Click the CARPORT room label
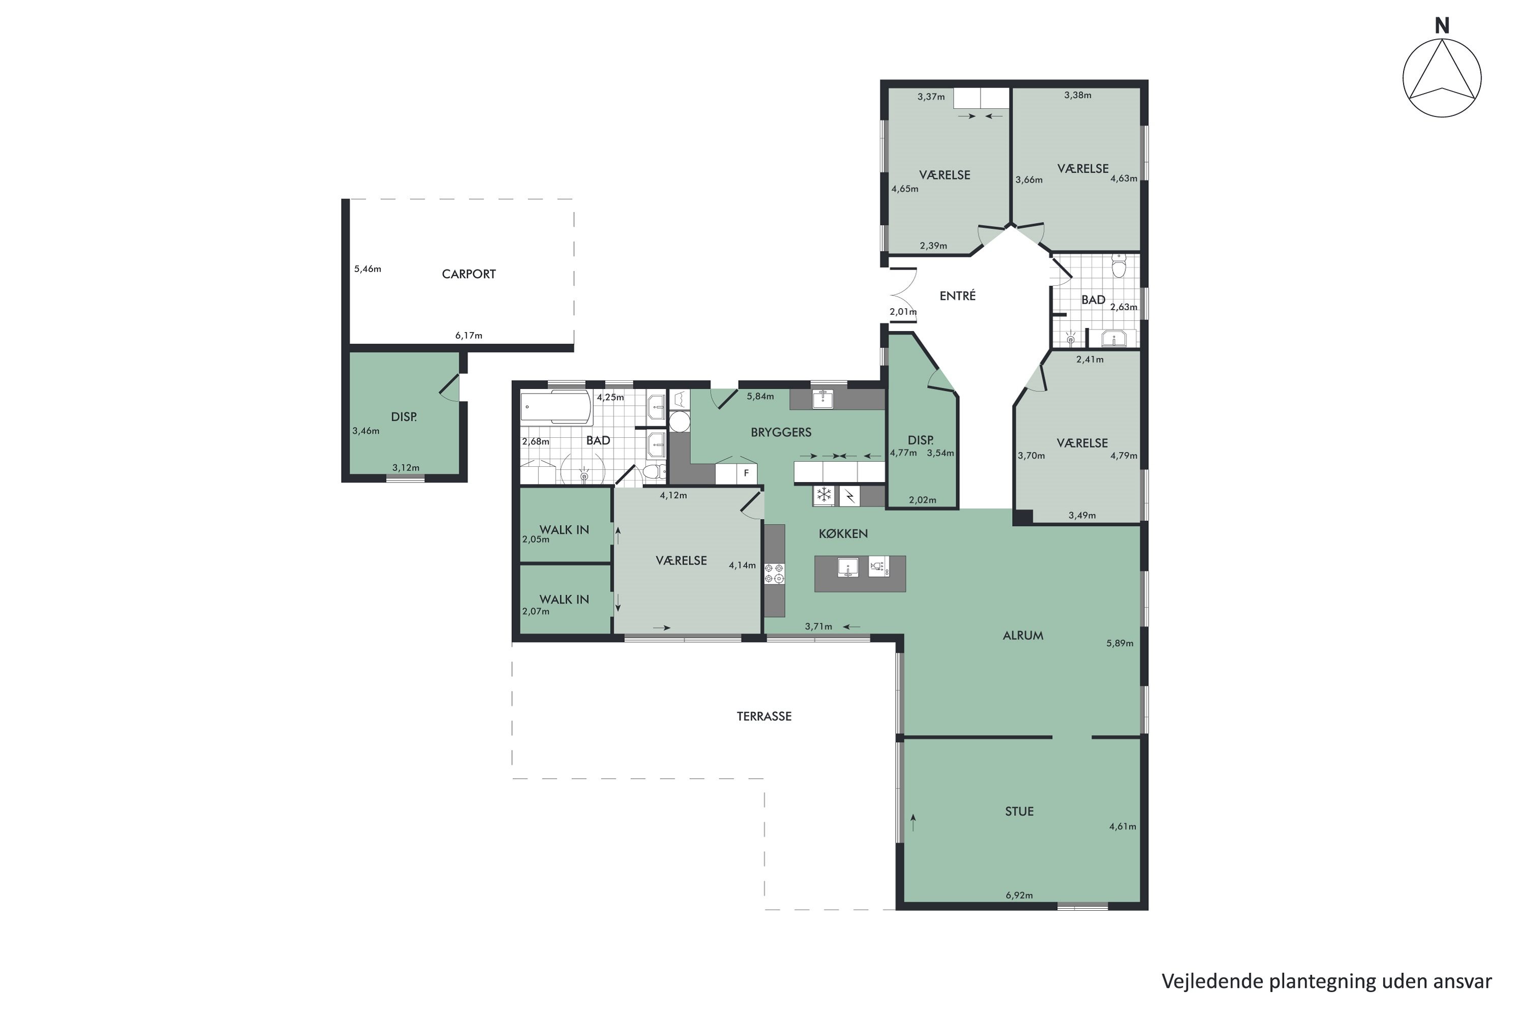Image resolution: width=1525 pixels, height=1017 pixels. (469, 275)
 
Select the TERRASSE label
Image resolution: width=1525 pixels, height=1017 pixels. (764, 716)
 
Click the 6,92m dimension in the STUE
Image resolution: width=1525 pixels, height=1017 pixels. (1019, 895)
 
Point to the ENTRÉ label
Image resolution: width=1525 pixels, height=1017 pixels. (958, 296)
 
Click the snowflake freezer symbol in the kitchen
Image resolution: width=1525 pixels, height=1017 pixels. (824, 495)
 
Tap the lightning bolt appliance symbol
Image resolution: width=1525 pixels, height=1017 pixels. (849, 496)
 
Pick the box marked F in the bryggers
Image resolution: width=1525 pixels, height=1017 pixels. (746, 473)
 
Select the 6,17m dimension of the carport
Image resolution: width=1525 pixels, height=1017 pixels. (469, 335)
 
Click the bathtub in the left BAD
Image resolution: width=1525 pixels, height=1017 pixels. (556, 407)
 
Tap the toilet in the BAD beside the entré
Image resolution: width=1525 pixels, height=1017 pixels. (1120, 266)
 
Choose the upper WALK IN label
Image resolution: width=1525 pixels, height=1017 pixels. (564, 530)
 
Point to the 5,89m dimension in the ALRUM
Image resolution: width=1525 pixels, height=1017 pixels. (1120, 643)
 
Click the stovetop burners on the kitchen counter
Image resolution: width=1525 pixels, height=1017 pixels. (774, 574)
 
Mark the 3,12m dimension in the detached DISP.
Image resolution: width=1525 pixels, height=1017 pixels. (406, 468)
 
